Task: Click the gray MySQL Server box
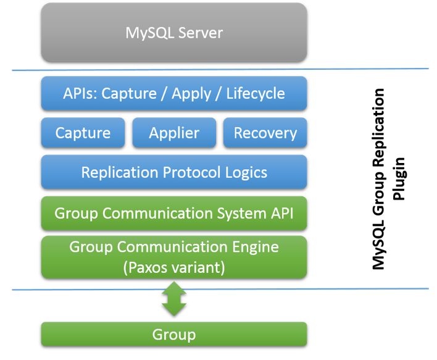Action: [x=174, y=32]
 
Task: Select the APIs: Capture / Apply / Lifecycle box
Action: [x=174, y=94]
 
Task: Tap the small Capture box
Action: [x=83, y=133]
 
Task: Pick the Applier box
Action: [x=174, y=133]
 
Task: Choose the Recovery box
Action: [x=265, y=133]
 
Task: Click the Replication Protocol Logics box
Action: [x=174, y=172]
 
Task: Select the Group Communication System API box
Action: [x=174, y=214]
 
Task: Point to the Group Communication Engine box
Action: [x=174, y=256]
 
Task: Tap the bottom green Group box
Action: [x=174, y=335]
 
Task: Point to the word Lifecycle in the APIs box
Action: [x=256, y=94]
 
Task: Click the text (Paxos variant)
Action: [x=174, y=268]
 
